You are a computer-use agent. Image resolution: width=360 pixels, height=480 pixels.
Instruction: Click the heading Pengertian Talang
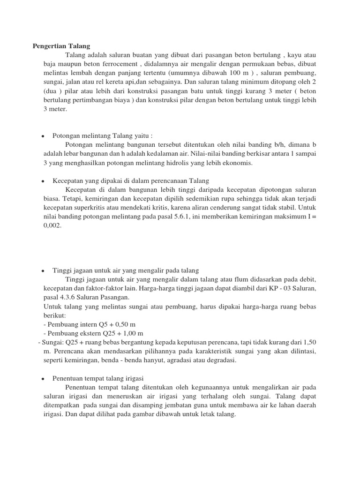point(61,46)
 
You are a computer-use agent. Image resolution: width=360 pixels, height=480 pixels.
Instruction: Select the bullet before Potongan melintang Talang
point(43,136)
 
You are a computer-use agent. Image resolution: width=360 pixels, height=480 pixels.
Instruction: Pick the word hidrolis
point(184,163)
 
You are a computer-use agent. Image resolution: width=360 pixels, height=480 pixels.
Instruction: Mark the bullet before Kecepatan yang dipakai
point(43,181)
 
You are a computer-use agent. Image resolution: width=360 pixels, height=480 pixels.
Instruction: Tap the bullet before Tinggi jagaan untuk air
point(43,271)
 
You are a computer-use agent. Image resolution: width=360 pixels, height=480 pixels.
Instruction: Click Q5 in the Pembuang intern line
point(99,325)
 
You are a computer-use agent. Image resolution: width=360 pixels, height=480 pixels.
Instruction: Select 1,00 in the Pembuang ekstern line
point(124,334)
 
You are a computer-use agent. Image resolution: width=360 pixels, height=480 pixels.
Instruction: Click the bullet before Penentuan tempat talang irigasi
point(43,378)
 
